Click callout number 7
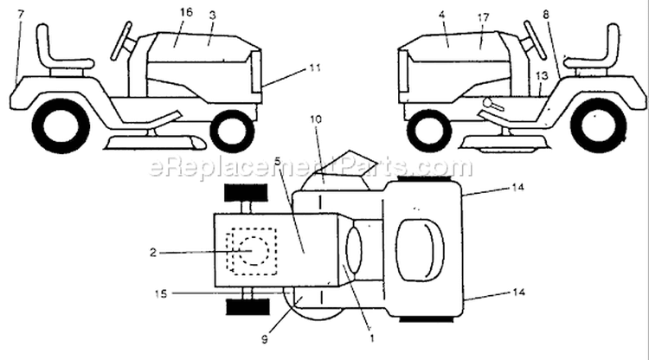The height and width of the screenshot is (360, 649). (x=21, y=15)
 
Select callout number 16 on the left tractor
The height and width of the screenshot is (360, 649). (x=186, y=12)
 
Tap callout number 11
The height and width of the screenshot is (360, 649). (x=315, y=67)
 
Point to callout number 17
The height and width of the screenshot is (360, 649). (x=483, y=17)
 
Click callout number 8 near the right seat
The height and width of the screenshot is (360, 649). (x=546, y=15)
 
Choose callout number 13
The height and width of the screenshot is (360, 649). (x=542, y=75)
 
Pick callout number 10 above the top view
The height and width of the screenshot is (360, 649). (x=315, y=119)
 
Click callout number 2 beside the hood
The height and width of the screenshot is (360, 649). (x=153, y=252)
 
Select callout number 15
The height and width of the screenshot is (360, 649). (x=161, y=293)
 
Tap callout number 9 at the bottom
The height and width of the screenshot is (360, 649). (x=265, y=339)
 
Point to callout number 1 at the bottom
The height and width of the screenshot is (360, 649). (x=372, y=338)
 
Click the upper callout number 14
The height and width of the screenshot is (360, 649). (x=518, y=188)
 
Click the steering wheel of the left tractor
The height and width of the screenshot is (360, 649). (x=121, y=41)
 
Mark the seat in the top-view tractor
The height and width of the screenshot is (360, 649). (x=420, y=250)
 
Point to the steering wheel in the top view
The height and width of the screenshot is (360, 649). (x=353, y=250)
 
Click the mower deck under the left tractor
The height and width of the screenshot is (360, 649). (x=156, y=142)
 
